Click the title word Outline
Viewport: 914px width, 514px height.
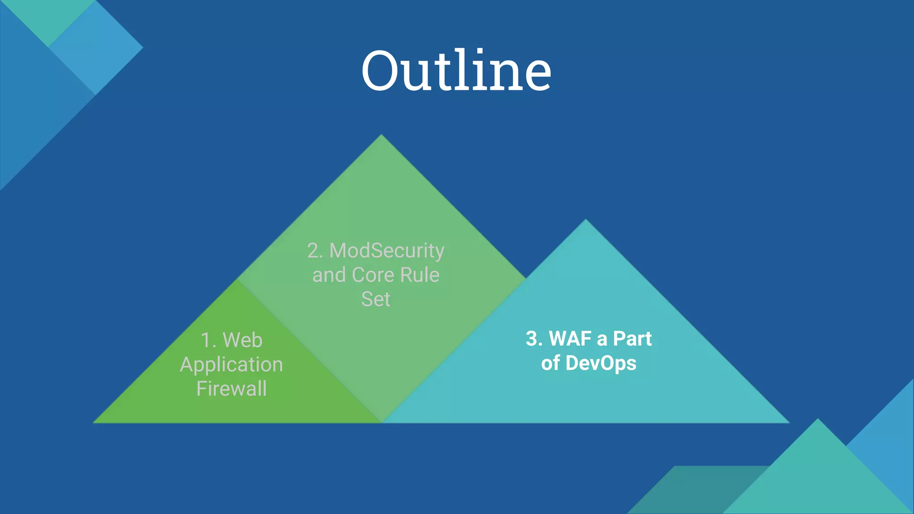pyautogui.click(x=456, y=70)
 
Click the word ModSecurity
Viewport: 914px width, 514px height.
pyautogui.click(x=386, y=251)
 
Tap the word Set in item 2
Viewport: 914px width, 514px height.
pyautogui.click(x=375, y=299)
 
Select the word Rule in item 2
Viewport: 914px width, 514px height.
pyautogui.click(x=420, y=275)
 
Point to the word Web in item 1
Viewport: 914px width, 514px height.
pyautogui.click(x=242, y=340)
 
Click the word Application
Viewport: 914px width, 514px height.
pyautogui.click(x=231, y=365)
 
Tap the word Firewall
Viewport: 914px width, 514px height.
pyautogui.click(x=232, y=389)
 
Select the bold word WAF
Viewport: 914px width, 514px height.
pyautogui.click(x=570, y=339)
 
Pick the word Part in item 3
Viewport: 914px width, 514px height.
pyautogui.click(x=632, y=339)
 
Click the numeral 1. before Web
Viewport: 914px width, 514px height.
pyautogui.click(x=208, y=340)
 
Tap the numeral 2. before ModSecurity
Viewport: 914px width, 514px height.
pyautogui.click(x=315, y=251)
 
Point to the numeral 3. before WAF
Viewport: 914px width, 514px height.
pyautogui.click(x=534, y=339)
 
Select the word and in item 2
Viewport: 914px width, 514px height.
pyautogui.click(x=329, y=275)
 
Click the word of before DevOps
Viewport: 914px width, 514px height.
pyautogui.click(x=550, y=363)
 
